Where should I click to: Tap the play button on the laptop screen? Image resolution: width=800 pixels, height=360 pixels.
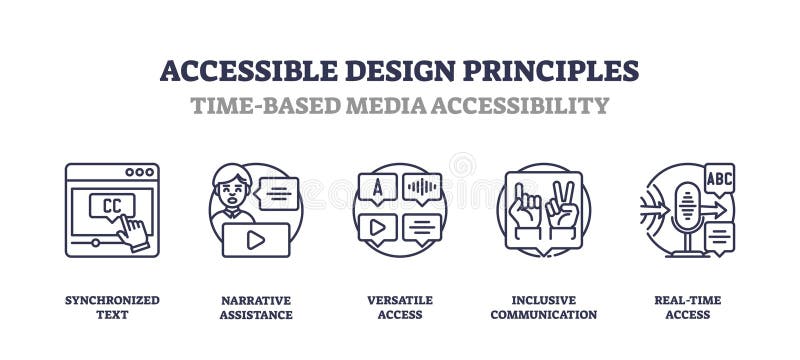256,239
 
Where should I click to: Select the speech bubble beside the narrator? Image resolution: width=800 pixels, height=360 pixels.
277,193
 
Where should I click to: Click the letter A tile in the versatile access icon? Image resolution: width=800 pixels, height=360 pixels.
377,187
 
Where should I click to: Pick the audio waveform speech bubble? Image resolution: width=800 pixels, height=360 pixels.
422,187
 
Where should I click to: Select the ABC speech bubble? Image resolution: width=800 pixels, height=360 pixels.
719,177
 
